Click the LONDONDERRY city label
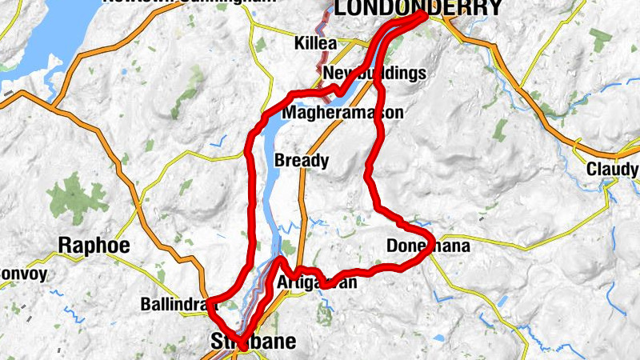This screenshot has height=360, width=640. point(418,9)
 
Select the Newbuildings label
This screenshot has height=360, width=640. point(374,74)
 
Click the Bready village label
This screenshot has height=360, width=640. point(302,161)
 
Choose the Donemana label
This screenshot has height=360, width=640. point(428,246)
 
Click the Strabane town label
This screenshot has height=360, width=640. point(253,342)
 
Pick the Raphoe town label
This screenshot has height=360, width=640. point(94,245)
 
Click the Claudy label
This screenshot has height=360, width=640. point(612,170)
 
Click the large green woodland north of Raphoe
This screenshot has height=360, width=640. point(78,197)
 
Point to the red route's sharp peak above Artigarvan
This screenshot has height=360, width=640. point(281,260)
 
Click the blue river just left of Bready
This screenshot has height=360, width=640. point(266,160)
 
